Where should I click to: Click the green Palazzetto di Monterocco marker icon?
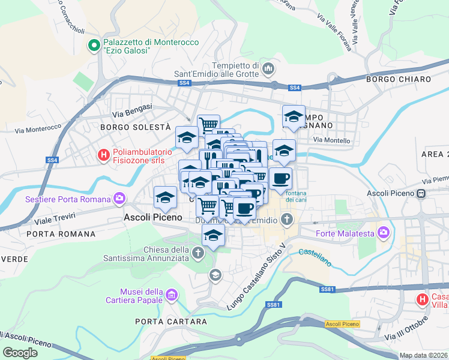coord(94,46)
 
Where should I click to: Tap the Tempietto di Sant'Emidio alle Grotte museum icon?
coord(268,70)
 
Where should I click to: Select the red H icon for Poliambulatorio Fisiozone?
coord(104,155)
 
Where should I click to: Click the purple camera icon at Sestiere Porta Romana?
coord(119,199)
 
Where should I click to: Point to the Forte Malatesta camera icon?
coord(383,232)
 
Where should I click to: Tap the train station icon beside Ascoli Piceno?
coord(421,193)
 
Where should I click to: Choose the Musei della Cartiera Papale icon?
coord(172,295)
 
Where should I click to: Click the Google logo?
coord(20,352)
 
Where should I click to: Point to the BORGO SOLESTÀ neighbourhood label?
coord(136,127)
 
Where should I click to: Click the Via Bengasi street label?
coord(131,110)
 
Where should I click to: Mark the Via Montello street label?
coord(331,140)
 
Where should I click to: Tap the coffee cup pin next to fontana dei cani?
coord(280,178)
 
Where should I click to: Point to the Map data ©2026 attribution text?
coord(423,355)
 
